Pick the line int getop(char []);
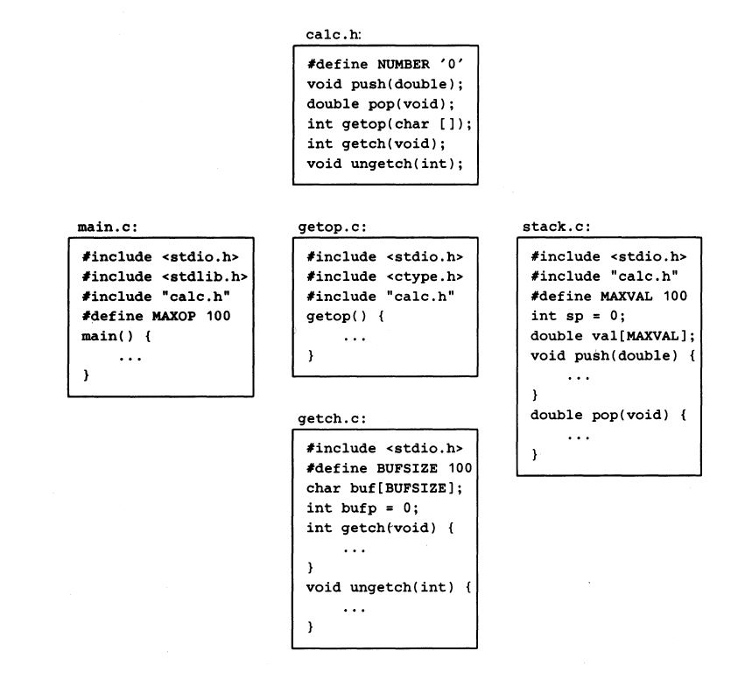pos(389,124)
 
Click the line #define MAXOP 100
pos(156,315)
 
